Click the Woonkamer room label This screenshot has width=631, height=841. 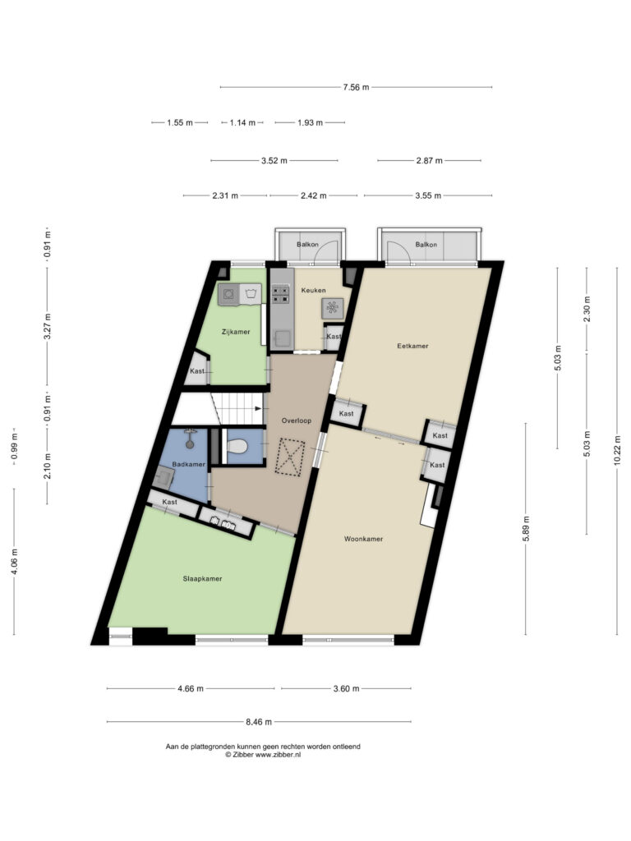pyautogui.click(x=363, y=539)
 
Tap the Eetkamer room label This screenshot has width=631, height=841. pyautogui.click(x=412, y=347)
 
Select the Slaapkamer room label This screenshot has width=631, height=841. pyautogui.click(x=202, y=578)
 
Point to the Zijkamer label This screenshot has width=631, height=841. pyautogui.click(x=235, y=332)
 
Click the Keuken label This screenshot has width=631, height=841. pyautogui.click(x=313, y=291)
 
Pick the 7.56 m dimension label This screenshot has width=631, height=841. pyautogui.click(x=356, y=87)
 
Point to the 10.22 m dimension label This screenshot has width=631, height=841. pyautogui.click(x=618, y=450)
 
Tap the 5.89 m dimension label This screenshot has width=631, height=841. pyautogui.click(x=527, y=527)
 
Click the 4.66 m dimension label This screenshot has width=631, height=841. pyautogui.click(x=190, y=688)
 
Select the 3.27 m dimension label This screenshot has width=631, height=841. pyautogui.click(x=48, y=321)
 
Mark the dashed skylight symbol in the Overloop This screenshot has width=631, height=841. pyautogui.click(x=291, y=457)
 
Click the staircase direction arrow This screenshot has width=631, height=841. pyautogui.click(x=260, y=407)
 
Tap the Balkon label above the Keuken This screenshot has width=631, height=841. pyautogui.click(x=308, y=245)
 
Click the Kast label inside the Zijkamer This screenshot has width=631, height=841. pyautogui.click(x=197, y=371)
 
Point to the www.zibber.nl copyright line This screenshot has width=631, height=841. pyautogui.click(x=263, y=754)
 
